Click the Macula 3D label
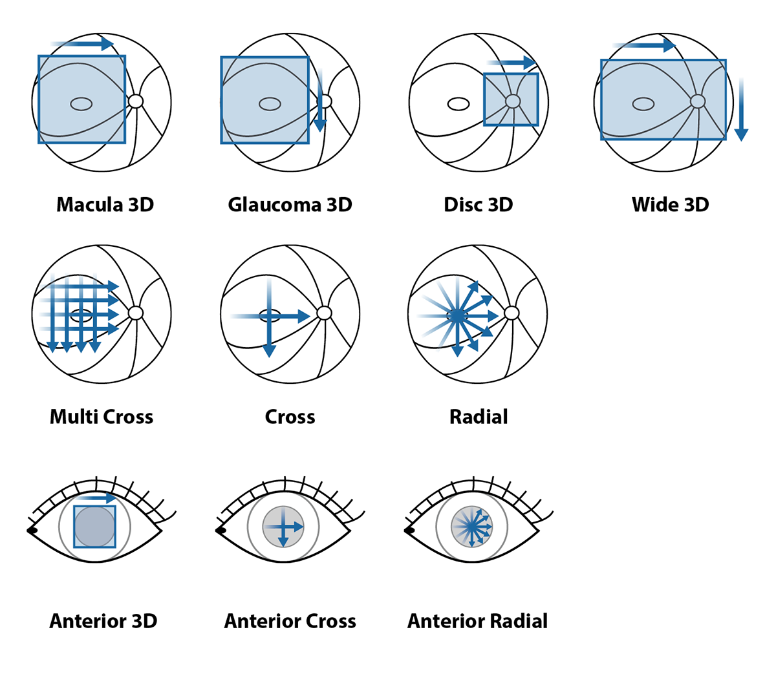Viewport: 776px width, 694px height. tap(105, 204)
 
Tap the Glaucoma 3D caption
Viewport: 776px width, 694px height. tap(290, 204)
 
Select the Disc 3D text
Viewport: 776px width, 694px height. tap(479, 204)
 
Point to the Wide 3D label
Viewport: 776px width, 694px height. tap(671, 204)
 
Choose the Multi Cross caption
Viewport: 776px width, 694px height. tap(102, 417)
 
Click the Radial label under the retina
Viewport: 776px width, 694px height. tap(479, 417)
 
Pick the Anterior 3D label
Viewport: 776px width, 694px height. tap(103, 621)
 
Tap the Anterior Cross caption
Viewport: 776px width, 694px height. tap(290, 621)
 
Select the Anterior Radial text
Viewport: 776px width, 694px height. tap(477, 621)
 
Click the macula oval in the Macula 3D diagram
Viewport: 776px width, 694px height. tap(81, 104)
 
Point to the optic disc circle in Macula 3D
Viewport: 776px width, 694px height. tap(136, 101)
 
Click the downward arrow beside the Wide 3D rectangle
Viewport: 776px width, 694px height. tap(741, 109)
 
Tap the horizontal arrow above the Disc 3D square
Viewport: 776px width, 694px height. tap(512, 63)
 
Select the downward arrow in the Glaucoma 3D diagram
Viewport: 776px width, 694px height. tap(320, 101)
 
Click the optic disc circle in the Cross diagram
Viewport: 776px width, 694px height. tap(324, 313)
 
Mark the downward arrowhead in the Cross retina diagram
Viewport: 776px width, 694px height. tap(270, 351)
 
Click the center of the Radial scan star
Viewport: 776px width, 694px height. tap(457, 316)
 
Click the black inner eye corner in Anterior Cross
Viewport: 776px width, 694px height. tap(221, 530)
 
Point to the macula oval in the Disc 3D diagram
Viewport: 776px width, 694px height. tap(458, 104)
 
